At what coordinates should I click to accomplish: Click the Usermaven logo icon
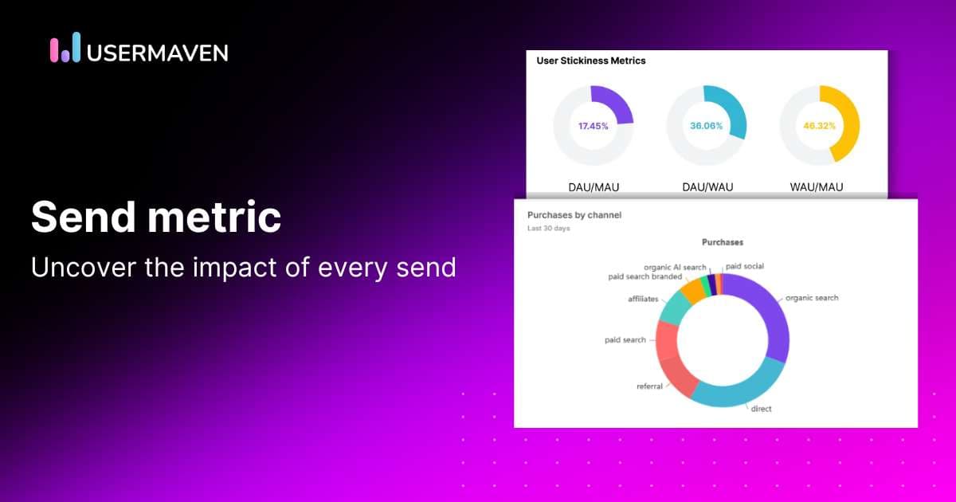65,49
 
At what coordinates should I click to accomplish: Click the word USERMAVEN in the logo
158,53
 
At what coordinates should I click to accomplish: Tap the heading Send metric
155,217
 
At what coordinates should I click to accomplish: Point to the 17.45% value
594,126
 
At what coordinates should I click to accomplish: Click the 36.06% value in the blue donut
706,126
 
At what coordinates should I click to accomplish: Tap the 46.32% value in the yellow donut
819,126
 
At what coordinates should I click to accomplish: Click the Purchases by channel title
574,215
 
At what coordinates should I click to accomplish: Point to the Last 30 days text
549,229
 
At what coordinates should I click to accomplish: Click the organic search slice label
812,298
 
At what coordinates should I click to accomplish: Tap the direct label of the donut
761,409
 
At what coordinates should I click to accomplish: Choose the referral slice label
650,386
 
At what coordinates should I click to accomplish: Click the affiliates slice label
643,299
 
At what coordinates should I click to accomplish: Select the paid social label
745,266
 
